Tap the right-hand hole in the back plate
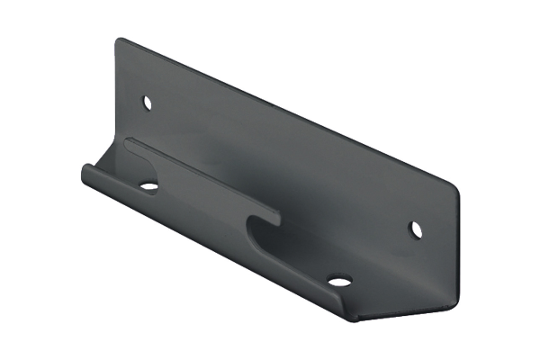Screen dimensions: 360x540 point(416,229)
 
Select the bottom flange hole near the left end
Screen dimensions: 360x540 point(148,187)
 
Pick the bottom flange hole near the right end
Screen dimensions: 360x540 point(338,281)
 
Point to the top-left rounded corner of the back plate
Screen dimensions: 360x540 point(120,40)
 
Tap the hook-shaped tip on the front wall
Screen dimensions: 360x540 point(274,217)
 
